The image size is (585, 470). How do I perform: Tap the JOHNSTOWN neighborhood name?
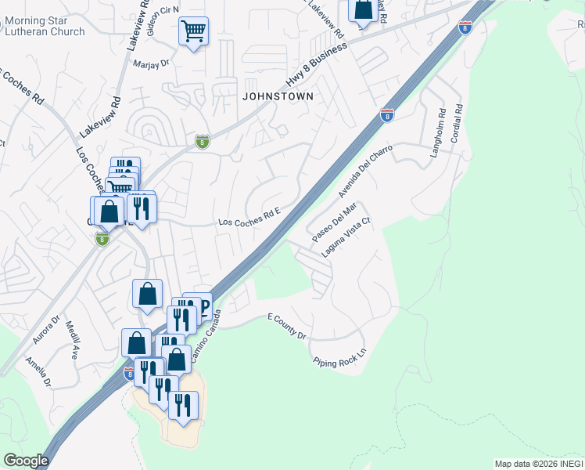pyautogui.click(x=278, y=96)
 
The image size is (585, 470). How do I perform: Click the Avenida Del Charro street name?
pyautogui.click(x=364, y=169)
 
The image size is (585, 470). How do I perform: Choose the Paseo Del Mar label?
pyautogui.click(x=334, y=222)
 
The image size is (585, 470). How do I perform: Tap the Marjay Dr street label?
pyautogui.click(x=151, y=64)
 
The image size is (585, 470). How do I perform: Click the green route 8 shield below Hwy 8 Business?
pyautogui.click(x=202, y=141)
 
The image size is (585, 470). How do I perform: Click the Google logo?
pyautogui.click(x=26, y=461)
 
